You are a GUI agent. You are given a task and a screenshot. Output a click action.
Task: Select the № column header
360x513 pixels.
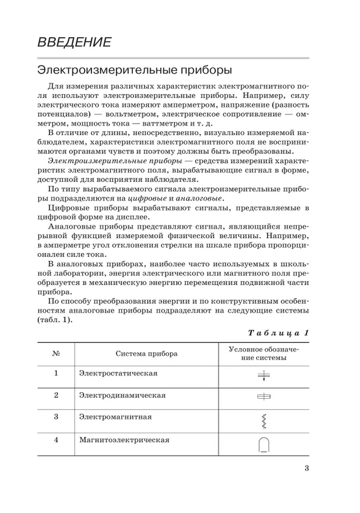coord(56,353)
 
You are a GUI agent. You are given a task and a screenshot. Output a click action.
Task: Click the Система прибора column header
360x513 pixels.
coord(146,353)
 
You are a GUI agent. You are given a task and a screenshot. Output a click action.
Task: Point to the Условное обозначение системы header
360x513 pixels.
coord(264,353)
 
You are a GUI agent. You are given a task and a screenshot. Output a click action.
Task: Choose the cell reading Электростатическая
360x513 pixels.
coord(118,373)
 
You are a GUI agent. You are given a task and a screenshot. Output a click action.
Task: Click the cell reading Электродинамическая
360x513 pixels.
coord(122,396)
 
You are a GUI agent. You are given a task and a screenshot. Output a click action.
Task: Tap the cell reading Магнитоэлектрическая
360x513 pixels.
coord(124,440)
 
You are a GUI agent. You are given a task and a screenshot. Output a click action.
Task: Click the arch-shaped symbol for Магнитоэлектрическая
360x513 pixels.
coord(264,445)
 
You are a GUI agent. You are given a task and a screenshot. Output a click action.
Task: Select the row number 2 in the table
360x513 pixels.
coord(56,396)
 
